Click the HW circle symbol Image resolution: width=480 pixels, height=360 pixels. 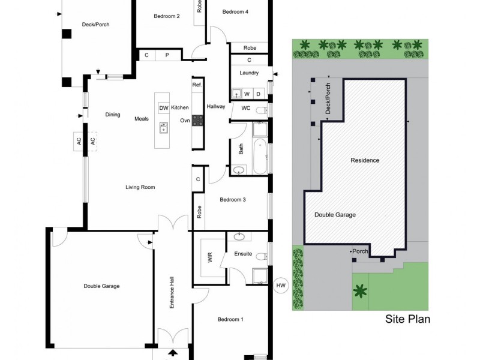280,286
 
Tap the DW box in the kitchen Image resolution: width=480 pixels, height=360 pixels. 163,108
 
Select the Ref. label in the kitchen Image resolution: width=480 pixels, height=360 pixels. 197,85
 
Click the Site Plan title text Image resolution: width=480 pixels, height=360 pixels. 407,319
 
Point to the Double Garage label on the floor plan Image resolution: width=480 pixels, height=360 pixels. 101,286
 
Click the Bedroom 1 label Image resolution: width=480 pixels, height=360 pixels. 230,319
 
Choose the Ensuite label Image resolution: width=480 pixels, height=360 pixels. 243,254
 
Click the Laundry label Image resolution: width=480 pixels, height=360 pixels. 248,73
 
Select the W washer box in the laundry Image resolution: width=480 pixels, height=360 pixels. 246,94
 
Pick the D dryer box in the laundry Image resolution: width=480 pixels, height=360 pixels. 258,94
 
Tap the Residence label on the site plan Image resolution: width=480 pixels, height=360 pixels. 365,160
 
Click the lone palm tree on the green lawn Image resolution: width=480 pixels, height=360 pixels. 359,292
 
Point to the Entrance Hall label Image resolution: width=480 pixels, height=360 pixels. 172,293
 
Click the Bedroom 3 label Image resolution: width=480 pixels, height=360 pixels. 233,200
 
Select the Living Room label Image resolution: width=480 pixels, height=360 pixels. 140,187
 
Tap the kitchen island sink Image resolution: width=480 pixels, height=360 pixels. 163,128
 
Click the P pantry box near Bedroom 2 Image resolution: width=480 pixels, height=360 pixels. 167,55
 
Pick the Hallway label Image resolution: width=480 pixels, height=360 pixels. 215,107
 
